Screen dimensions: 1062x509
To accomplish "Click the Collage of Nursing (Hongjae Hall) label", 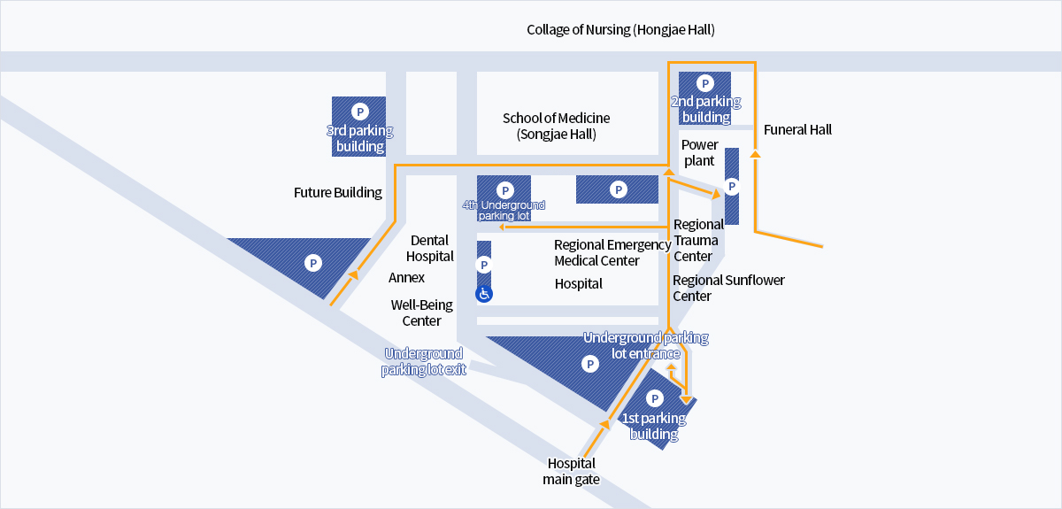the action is point(620,30).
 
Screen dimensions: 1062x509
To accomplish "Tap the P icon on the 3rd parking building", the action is point(360,112).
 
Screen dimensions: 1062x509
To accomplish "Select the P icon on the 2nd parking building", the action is point(705,83).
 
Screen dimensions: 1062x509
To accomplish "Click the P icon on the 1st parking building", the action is point(654,398).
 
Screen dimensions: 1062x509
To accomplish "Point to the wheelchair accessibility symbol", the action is point(484,294).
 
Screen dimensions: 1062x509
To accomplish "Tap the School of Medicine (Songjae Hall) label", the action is point(556,127).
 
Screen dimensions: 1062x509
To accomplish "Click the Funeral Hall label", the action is point(797,130).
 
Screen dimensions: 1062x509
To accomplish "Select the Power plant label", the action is point(699,153).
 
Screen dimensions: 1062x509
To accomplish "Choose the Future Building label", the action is point(337,193).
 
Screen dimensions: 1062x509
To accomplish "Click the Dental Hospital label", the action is point(429,248).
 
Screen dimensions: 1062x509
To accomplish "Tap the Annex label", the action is point(406,277).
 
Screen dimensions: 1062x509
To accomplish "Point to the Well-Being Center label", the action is point(421,312).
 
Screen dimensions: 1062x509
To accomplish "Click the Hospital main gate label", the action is point(572,471).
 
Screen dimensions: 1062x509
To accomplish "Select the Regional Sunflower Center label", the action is point(728,288).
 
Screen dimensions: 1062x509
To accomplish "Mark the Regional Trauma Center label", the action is point(698,240).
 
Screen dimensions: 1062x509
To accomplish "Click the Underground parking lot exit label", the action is point(423,361).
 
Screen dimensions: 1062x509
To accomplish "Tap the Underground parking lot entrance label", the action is point(646,345).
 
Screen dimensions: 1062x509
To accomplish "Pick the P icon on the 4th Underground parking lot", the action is point(505,190).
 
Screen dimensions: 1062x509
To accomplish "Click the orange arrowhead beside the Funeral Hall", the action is point(755,154).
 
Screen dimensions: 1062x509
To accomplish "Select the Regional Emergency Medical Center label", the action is point(612,253).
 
